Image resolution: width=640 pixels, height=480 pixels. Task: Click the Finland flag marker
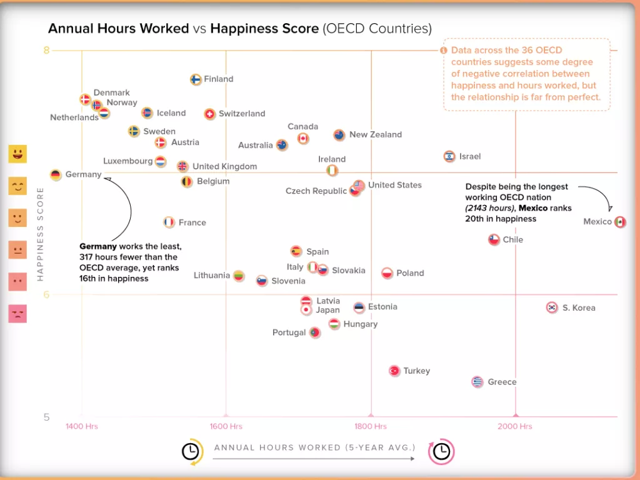[196, 79]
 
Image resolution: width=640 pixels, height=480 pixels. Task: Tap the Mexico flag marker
[619, 222]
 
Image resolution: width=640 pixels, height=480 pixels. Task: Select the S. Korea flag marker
[552, 307]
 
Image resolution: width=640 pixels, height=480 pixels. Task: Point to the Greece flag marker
[477, 382]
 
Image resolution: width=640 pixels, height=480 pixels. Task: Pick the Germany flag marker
[56, 175]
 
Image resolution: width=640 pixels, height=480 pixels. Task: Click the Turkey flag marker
[394, 371]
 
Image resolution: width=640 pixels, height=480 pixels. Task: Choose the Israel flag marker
[449, 156]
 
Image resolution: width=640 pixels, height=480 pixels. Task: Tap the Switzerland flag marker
[210, 114]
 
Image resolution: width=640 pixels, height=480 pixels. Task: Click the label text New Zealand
[375, 134]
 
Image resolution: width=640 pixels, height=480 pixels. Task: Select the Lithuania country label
[212, 276]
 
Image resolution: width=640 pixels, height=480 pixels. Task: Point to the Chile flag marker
[494, 239]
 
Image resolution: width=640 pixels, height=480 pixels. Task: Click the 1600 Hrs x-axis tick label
[226, 426]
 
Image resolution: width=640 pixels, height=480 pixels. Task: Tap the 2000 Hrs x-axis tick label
[516, 426]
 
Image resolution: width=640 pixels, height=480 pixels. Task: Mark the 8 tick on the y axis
[46, 51]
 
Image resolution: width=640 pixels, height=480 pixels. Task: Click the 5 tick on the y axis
[46, 417]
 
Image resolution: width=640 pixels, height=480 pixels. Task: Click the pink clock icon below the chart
[441, 451]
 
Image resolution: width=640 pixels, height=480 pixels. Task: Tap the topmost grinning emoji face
[17, 154]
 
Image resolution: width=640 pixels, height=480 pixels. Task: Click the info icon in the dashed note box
[444, 51]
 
